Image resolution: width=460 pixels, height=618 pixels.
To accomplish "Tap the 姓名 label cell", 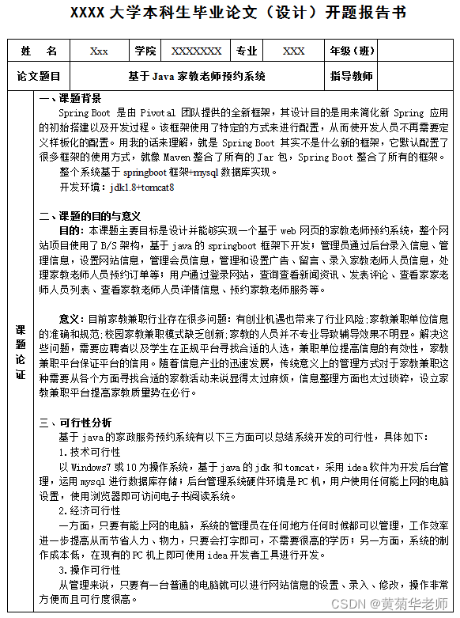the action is [39, 51].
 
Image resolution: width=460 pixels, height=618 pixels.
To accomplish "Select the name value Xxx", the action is [99, 51].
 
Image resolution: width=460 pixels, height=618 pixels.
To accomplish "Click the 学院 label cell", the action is [145, 51].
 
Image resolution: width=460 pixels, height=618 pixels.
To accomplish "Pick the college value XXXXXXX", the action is [197, 51].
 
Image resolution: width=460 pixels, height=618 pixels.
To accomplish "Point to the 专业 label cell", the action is [247, 51].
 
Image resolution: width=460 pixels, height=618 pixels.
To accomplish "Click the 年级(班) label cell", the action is [352, 51].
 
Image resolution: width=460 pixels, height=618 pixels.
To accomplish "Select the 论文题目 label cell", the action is [39, 77].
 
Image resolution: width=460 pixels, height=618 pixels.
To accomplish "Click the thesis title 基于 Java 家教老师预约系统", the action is [197, 77].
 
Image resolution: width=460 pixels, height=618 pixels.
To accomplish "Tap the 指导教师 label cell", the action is [352, 77].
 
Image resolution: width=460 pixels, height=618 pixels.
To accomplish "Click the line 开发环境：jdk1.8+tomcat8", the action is [117, 188].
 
